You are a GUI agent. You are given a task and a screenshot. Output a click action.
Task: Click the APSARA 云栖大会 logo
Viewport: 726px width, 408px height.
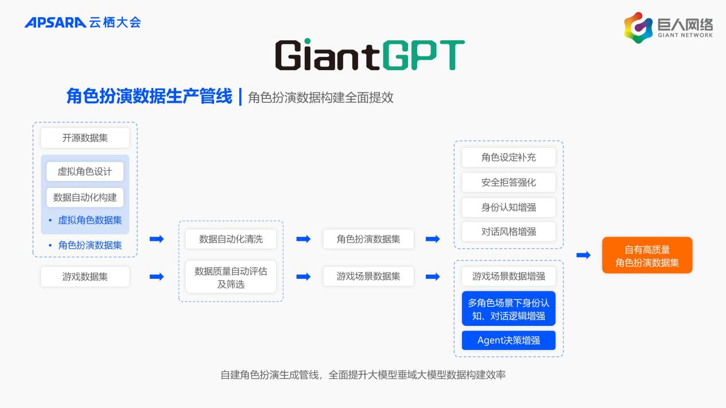83,22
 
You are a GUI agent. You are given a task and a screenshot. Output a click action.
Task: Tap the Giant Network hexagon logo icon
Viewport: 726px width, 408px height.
638,28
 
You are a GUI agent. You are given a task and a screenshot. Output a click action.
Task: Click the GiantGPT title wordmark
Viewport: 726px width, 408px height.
370,54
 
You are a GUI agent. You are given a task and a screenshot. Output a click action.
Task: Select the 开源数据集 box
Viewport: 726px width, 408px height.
85,138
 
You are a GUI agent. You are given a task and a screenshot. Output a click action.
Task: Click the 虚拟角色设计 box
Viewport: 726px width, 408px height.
85,171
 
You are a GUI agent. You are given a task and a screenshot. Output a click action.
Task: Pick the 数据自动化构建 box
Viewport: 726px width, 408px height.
85,197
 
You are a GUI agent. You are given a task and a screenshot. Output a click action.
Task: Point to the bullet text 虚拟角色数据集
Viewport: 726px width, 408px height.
90,221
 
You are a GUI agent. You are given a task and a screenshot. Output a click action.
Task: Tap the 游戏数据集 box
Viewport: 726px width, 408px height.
85,276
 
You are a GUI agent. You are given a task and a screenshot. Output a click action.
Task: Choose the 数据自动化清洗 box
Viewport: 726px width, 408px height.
231,239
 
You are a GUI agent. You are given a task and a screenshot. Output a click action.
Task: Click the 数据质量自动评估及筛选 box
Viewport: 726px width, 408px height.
231,277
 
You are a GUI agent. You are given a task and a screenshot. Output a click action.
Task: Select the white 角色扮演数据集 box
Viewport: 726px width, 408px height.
368,239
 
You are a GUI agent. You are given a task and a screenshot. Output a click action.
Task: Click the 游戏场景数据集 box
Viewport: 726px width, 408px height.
368,276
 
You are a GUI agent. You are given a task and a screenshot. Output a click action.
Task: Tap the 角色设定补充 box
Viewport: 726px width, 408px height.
508,157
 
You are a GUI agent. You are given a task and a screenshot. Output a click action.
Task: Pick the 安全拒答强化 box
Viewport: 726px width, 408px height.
508,182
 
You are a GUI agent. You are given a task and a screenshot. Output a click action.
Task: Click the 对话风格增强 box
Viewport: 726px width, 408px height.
508,232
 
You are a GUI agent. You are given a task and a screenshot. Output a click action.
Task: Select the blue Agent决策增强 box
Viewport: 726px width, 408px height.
508,341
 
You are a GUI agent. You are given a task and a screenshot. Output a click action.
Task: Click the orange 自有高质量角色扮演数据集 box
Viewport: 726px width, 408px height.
647,255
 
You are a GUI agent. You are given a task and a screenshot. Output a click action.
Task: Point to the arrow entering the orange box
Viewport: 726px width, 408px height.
584,255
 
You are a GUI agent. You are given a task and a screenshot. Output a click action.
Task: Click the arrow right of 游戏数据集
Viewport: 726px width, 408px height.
157,276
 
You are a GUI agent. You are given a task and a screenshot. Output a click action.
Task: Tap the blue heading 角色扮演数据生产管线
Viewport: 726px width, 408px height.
149,97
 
